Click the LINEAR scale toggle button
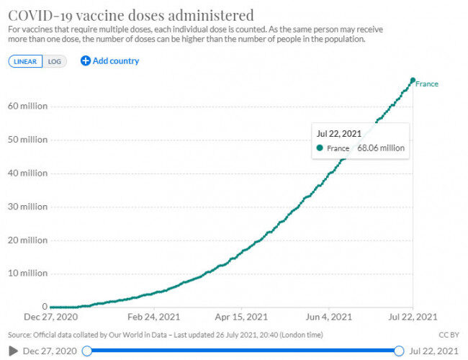tap(25, 61)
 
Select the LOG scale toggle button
tap(55, 61)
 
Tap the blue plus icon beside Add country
tap(86, 61)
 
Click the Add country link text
tap(116, 61)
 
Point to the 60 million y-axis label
tap(28, 106)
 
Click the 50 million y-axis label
tap(28, 140)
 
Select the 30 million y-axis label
tap(28, 207)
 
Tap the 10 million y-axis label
tap(28, 273)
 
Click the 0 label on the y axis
tap(45, 306)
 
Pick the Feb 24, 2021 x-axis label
tap(153, 317)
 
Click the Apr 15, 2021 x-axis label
tap(241, 317)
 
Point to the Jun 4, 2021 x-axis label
tap(328, 317)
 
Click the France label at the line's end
tap(427, 84)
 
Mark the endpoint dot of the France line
tap(413, 81)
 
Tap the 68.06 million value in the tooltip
tap(381, 148)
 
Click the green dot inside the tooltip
tap(320, 148)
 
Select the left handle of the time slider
tap(87, 351)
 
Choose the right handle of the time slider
tap(399, 351)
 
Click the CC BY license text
tap(449, 335)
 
